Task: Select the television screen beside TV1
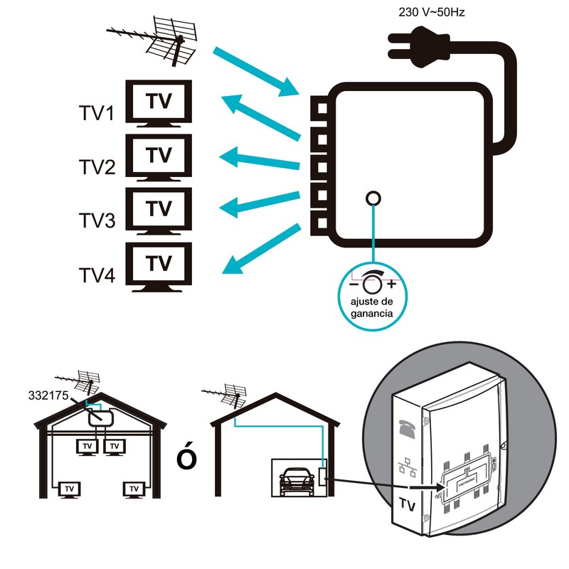159,102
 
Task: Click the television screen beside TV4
159,264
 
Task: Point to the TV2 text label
97,168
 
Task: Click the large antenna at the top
160,40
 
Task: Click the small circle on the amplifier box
372,198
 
